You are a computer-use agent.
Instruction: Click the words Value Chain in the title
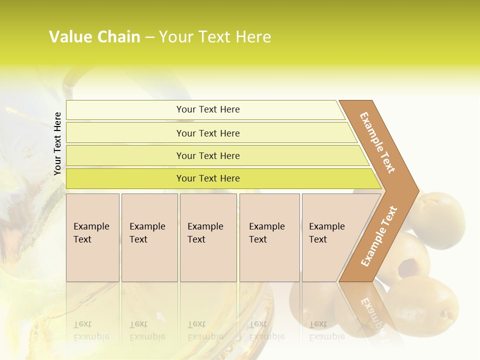tap(94, 37)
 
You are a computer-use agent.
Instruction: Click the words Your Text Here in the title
tap(215, 37)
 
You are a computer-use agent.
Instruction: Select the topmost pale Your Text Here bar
tap(207, 109)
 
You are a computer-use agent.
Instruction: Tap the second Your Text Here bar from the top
tap(207, 133)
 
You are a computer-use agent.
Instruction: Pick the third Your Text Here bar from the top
tap(207, 155)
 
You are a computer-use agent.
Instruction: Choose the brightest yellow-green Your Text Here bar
tap(207, 178)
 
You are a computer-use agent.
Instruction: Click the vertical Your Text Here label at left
tap(57, 143)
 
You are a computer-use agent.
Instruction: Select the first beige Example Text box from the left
tap(92, 237)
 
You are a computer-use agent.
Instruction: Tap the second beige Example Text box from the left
tap(149, 237)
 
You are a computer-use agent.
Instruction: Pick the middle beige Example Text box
tap(208, 237)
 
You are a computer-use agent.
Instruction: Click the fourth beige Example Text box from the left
tap(269, 237)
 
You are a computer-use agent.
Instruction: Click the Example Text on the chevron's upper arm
tap(377, 142)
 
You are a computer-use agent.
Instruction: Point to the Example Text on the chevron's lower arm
tap(379, 236)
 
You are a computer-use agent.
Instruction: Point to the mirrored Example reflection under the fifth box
tap(326, 330)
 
